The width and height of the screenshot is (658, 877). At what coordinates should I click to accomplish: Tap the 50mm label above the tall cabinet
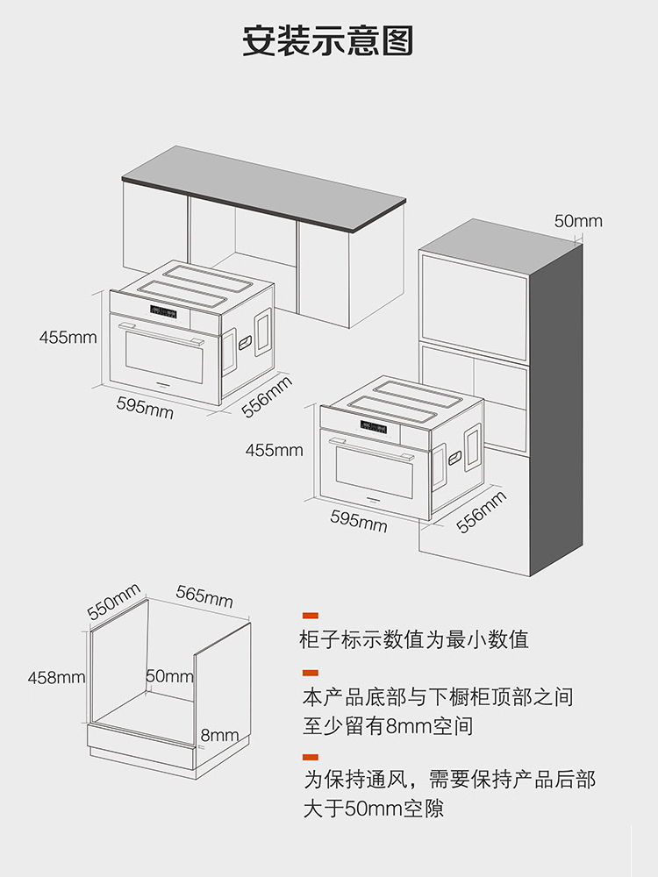pyautogui.click(x=578, y=221)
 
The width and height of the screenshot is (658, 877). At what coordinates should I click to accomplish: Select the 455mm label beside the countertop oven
pyautogui.click(x=68, y=337)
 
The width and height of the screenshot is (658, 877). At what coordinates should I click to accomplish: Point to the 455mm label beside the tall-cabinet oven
pyautogui.click(x=274, y=451)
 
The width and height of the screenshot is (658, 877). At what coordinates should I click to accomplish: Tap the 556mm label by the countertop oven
pyautogui.click(x=267, y=396)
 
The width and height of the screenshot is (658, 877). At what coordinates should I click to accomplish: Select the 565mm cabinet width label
pyautogui.click(x=204, y=595)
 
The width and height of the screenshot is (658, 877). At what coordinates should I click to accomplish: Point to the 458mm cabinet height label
pyautogui.click(x=56, y=678)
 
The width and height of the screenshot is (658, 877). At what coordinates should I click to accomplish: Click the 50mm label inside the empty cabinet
pyautogui.click(x=169, y=676)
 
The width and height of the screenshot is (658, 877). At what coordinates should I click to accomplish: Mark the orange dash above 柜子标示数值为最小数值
pyautogui.click(x=311, y=617)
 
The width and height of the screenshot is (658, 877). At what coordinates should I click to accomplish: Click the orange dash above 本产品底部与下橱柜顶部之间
pyautogui.click(x=311, y=674)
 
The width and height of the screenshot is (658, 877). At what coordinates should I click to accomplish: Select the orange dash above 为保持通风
pyautogui.click(x=311, y=756)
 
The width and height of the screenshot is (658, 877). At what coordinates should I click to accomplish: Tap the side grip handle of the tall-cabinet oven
pyautogui.click(x=455, y=458)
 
